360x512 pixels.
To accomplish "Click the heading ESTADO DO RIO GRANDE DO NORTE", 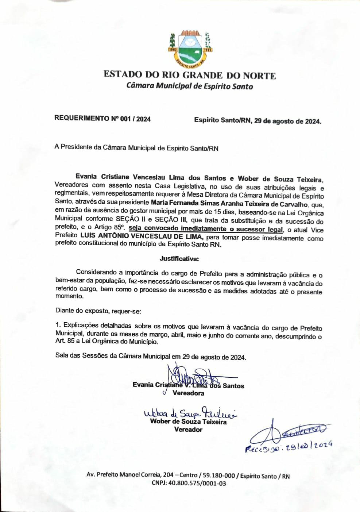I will click(x=190, y=75).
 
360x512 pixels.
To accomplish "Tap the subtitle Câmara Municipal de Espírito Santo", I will click(x=189, y=86).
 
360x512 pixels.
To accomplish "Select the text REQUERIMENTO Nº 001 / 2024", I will click(x=102, y=119).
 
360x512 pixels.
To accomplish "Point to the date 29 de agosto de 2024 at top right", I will click(x=288, y=121).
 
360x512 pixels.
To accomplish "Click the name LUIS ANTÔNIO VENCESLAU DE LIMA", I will click(x=140, y=237).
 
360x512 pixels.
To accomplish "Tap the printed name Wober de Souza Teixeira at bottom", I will click(x=188, y=422).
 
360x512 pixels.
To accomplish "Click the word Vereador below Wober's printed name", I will click(x=188, y=430).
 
